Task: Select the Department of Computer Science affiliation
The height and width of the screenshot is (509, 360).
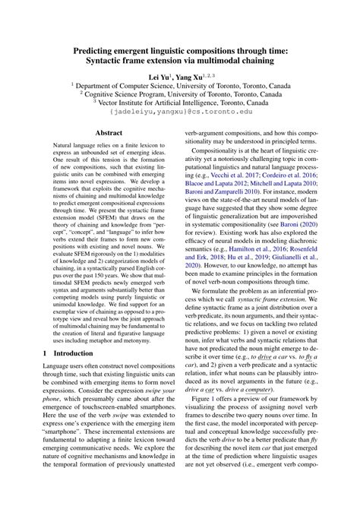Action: pos(180,87)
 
